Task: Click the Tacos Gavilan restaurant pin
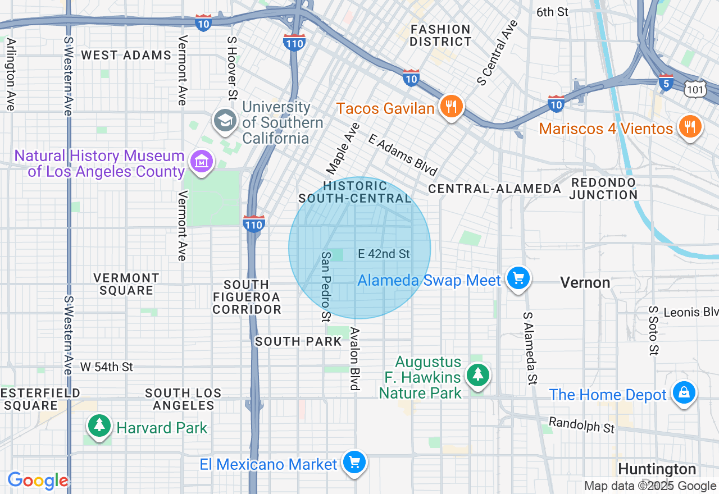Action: pos(451,107)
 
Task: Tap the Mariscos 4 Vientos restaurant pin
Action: pos(690,126)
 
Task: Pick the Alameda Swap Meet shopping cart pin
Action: pos(518,278)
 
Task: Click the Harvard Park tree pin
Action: pos(99,426)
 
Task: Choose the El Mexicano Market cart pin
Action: pos(354,463)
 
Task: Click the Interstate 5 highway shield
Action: pos(666,81)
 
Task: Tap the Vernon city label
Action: pos(585,283)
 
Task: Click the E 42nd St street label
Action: pos(384,254)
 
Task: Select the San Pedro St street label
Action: pos(325,287)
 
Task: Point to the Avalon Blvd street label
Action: pos(354,359)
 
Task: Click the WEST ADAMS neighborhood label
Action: pos(126,55)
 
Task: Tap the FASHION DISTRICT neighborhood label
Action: pos(440,35)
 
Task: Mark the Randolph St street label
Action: pos(581,425)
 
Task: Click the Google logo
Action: pos(38,481)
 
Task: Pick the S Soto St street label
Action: pos(653,331)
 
